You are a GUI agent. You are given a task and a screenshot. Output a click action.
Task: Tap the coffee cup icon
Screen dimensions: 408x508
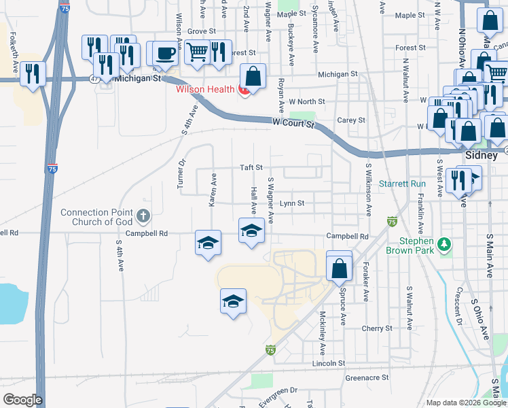pyautogui.click(x=164, y=53)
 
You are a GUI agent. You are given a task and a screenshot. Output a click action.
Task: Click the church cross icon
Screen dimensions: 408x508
pyautogui.click(x=143, y=217)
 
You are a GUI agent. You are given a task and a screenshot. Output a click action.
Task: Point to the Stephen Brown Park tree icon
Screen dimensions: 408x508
pyautogui.click(x=445, y=243)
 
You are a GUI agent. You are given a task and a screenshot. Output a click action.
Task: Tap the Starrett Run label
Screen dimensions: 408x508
pyautogui.click(x=402, y=184)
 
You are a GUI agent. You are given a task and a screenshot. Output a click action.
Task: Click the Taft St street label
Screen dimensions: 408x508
pyautogui.click(x=251, y=167)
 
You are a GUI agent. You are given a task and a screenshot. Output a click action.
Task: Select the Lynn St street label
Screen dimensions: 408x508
pyautogui.click(x=292, y=203)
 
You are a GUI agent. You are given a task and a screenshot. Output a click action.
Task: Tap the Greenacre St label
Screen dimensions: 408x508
pyautogui.click(x=366, y=377)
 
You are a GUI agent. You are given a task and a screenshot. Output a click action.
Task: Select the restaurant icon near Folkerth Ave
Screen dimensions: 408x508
pyautogui.click(x=33, y=73)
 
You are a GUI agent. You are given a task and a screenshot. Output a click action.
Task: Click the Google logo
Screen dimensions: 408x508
pyautogui.click(x=22, y=399)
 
